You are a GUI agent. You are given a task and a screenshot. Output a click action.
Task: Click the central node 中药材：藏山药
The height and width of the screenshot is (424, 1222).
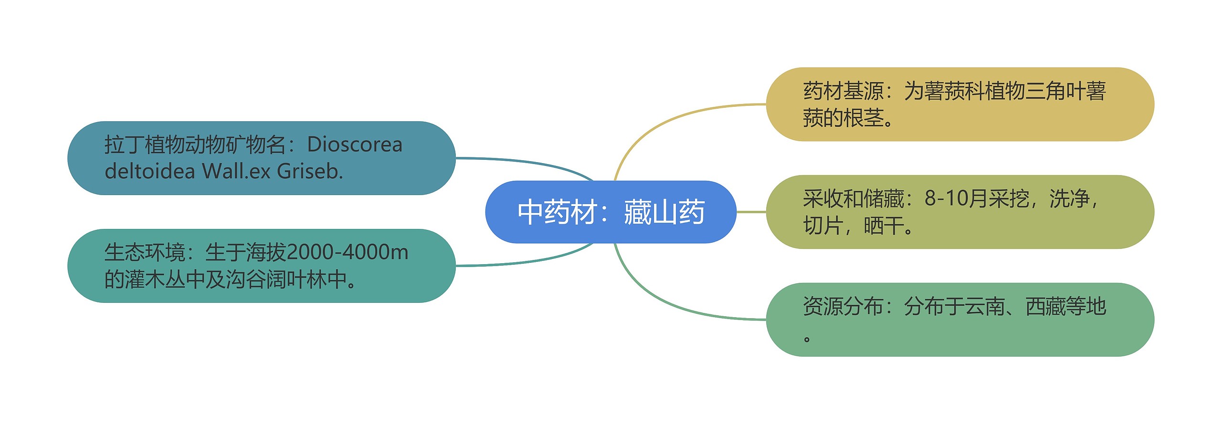tap(611, 212)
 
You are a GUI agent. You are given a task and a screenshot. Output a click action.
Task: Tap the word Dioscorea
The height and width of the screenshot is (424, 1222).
tap(355, 145)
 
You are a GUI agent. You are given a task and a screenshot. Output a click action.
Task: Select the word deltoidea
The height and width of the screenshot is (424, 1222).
tap(149, 171)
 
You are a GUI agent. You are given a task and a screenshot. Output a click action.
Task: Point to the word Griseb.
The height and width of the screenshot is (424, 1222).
tap(309, 171)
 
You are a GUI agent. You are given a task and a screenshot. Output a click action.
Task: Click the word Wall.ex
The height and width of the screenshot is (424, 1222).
tap(236, 171)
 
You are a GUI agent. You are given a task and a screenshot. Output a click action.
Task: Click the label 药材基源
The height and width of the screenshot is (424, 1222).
tap(843, 91)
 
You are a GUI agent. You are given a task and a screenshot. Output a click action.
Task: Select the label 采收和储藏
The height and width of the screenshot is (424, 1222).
tap(853, 198)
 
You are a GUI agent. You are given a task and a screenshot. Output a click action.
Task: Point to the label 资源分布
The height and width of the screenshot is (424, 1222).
tap(843, 306)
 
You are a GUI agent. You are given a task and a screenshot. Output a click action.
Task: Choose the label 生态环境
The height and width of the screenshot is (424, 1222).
tap(144, 252)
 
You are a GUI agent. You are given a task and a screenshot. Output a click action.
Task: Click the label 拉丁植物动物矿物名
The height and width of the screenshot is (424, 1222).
tap(195, 145)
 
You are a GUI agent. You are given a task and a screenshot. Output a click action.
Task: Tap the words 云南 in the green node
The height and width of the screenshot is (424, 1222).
tap(984, 306)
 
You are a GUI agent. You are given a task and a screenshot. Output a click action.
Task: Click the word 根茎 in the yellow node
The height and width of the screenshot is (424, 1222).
tap(863, 118)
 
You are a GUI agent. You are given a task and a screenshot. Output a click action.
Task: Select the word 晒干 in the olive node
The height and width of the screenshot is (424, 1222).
tap(884, 226)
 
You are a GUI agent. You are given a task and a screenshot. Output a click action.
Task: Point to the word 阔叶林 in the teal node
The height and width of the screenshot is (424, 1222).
tap(296, 279)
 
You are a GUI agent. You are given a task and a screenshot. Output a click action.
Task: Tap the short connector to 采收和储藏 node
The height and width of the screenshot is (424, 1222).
tap(751, 212)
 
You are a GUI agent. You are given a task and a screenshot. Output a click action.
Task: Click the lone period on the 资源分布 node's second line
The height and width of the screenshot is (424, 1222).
tap(807, 339)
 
